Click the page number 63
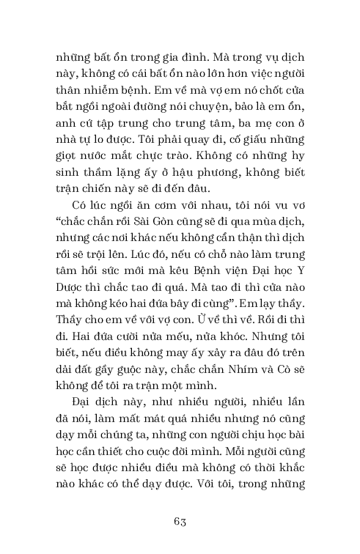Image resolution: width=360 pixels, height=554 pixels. (180, 521)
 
